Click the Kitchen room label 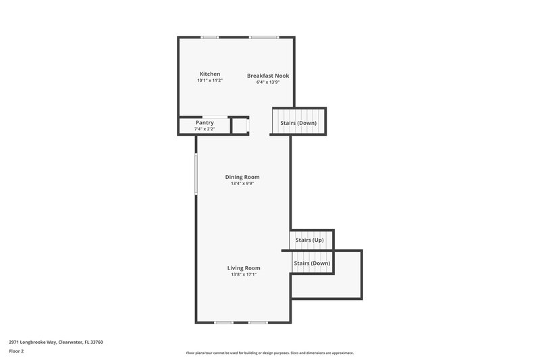click(x=209, y=74)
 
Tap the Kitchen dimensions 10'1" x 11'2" click(x=209, y=80)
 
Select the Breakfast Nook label click(x=267, y=76)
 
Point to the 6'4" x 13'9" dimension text click(x=267, y=82)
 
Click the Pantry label click(x=205, y=122)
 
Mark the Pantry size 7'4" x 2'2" click(x=205, y=128)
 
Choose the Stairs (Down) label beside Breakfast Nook click(x=298, y=123)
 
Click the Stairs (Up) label click(x=309, y=240)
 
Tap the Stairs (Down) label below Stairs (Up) click(x=312, y=263)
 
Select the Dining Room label click(x=242, y=177)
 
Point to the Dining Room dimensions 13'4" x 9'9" click(x=242, y=184)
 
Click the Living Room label click(x=243, y=267)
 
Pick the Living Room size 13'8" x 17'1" click(x=243, y=274)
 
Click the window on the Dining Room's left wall click(x=196, y=174)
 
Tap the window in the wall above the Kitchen click(x=209, y=37)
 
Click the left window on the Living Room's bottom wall click(x=223, y=322)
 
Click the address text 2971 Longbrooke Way click(x=55, y=342)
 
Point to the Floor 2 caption click(x=16, y=351)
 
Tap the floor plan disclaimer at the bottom click(x=269, y=353)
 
